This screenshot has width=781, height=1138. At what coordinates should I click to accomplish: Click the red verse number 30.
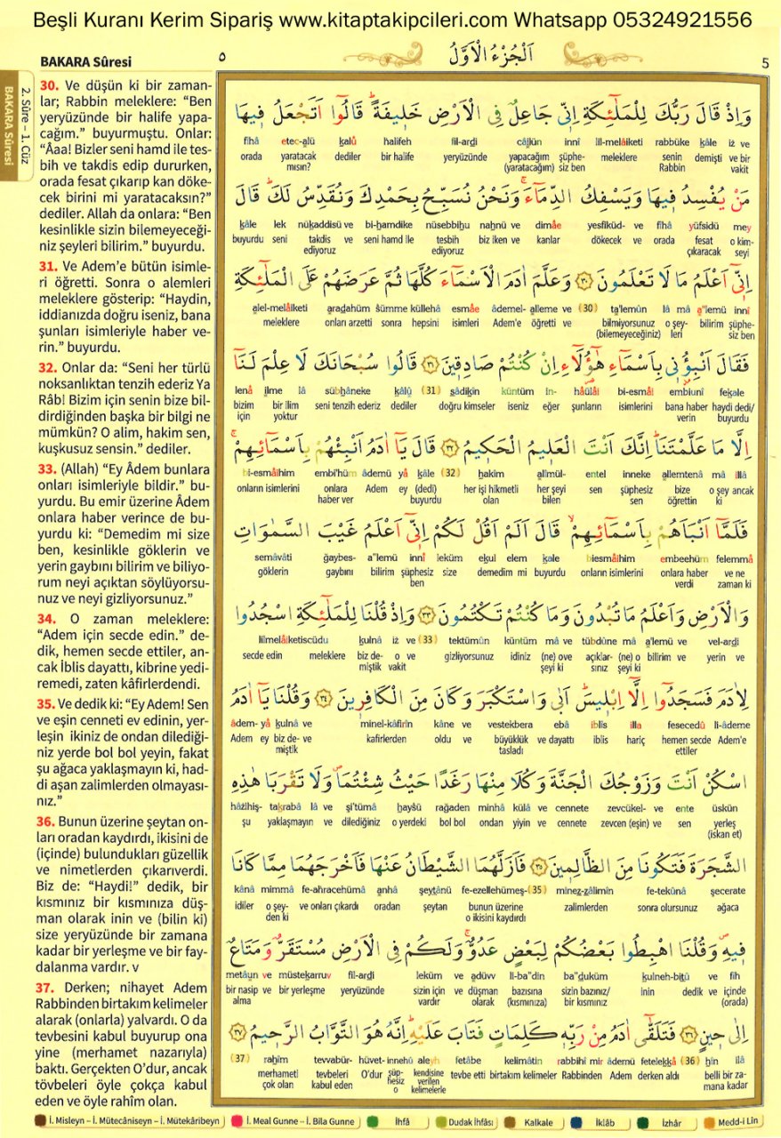click(50, 86)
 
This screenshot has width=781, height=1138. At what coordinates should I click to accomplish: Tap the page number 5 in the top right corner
click(766, 62)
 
